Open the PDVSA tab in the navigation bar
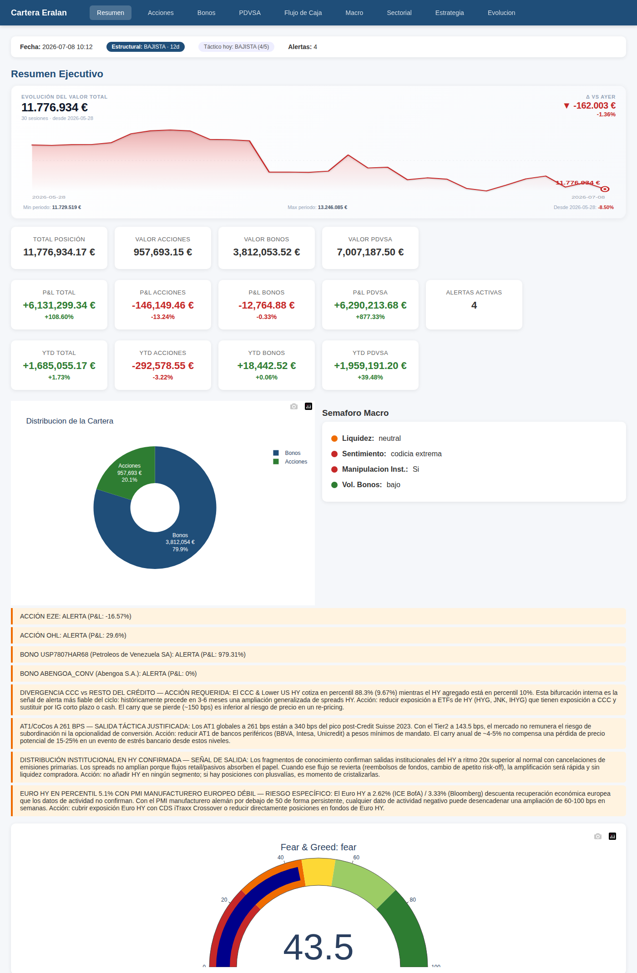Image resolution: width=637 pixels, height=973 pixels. point(250,13)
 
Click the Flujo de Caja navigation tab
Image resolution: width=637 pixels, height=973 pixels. point(303,13)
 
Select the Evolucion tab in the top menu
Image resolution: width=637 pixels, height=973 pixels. point(501,13)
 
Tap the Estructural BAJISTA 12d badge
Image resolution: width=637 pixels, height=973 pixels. point(146,47)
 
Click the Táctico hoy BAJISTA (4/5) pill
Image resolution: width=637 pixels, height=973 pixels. point(236,47)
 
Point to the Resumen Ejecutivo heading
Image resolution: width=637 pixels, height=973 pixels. point(57,74)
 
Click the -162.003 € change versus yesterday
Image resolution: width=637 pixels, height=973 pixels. point(594,105)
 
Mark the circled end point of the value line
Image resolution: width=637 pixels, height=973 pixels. point(605,189)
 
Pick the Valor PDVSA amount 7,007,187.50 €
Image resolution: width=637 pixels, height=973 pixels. point(370,252)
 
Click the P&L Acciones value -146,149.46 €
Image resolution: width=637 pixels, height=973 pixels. point(163,305)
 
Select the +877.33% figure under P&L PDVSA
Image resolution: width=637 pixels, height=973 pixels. point(370,317)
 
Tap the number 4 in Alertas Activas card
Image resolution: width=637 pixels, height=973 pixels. point(474,305)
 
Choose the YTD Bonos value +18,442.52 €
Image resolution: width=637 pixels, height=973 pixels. point(267,366)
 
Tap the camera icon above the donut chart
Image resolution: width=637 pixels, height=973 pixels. point(294,406)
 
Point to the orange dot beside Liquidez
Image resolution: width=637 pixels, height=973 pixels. point(334,439)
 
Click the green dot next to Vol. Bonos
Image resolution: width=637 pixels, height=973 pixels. point(334,485)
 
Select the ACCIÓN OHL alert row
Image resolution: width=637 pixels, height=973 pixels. point(318,635)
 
